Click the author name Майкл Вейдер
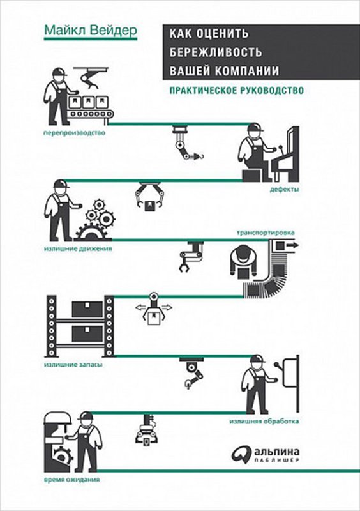tap(91, 31)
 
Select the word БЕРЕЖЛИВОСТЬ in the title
tap(215, 52)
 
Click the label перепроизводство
tap(75, 133)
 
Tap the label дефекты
tap(284, 190)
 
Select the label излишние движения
tap(78, 248)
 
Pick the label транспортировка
tap(266, 233)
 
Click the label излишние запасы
tap(73, 365)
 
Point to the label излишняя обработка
tap(264, 422)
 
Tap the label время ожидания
tap(71, 480)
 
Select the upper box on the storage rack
tap(87, 309)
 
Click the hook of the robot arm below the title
tap(199, 157)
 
